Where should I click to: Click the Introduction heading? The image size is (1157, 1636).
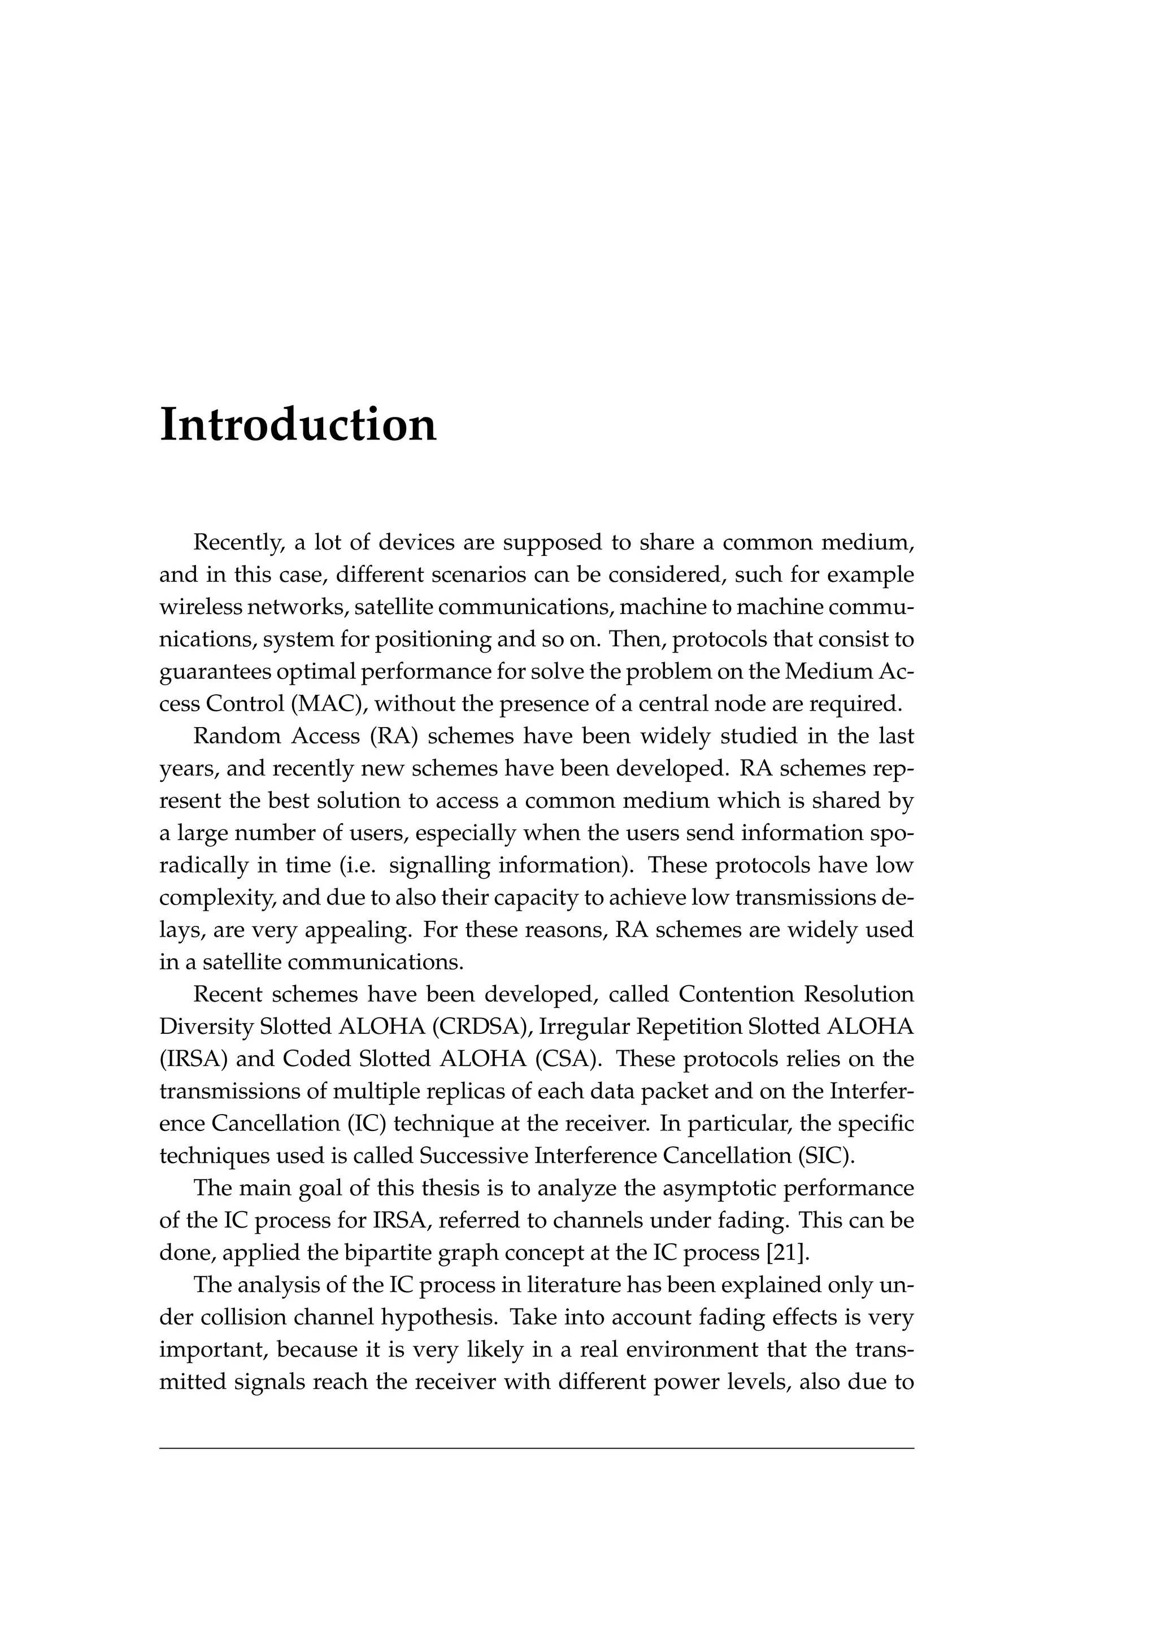(298, 425)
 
